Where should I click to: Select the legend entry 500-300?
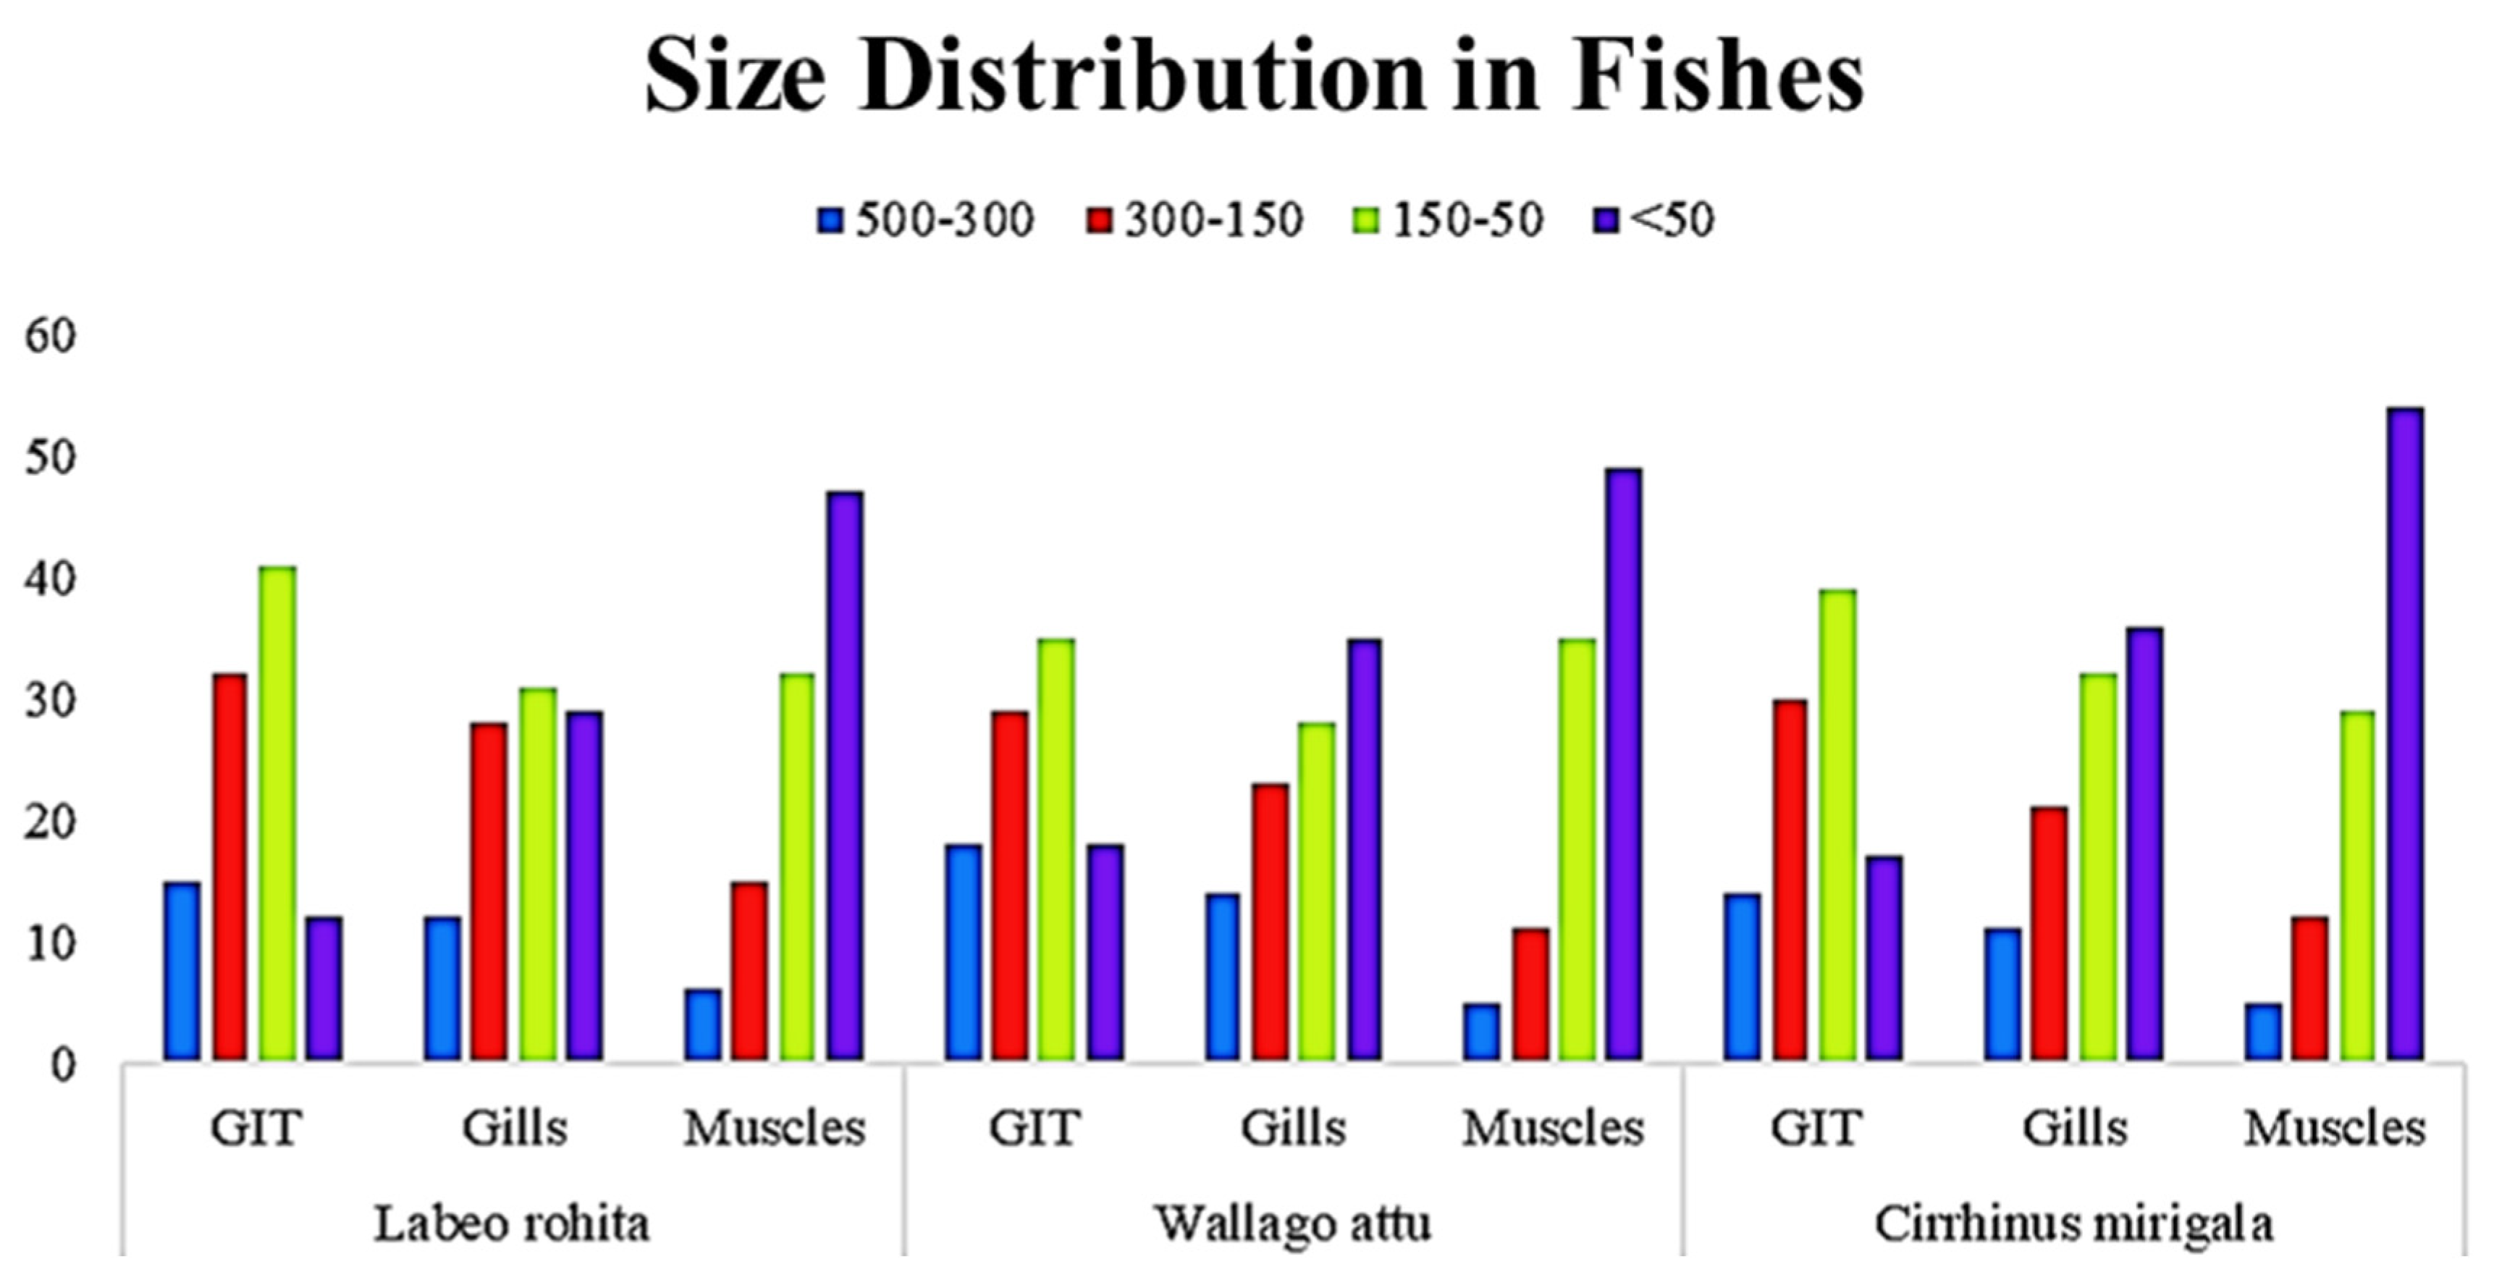point(944,220)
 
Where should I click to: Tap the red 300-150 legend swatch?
point(1099,221)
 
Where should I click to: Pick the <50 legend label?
point(1671,220)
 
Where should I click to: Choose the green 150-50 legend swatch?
point(1366,221)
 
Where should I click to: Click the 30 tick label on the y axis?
point(49,701)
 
